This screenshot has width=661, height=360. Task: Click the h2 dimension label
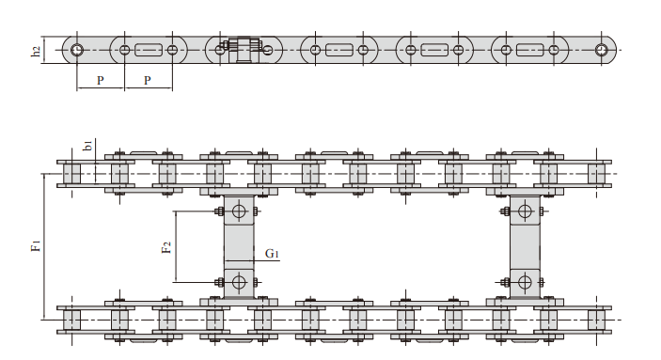tap(37, 52)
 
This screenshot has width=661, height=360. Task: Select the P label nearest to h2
tap(101, 81)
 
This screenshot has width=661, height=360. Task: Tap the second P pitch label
tap(147, 81)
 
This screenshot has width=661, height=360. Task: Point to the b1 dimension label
tap(88, 146)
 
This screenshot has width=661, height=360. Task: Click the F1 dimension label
tap(37, 245)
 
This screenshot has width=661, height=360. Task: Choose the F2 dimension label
tap(166, 247)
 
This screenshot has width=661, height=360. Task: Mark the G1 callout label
tap(272, 254)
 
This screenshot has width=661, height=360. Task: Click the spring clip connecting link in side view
tap(244, 50)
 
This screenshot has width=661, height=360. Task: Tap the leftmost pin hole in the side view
tap(77, 50)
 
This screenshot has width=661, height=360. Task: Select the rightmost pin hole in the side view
tap(601, 50)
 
